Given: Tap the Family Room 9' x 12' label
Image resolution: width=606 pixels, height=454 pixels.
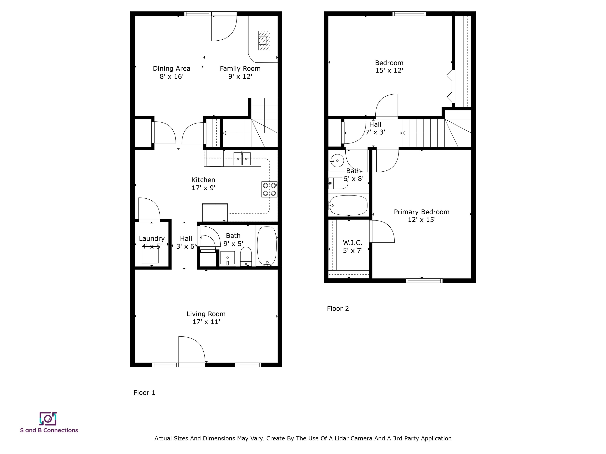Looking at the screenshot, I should point(240,73).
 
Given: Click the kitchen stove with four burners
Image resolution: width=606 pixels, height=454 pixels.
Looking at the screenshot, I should point(269,189).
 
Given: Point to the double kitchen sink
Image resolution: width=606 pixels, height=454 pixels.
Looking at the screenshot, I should point(242,159).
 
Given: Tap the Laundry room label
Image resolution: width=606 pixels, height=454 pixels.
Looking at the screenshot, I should point(151,239).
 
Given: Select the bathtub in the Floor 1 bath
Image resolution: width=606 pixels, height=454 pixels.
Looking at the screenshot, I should point(267,246).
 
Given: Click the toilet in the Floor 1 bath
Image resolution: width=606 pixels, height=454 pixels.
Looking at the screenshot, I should point(246,256).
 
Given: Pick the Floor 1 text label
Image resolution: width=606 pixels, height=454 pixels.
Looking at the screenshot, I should point(144,393).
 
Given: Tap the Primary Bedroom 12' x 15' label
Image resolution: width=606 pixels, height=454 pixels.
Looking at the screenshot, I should point(422,216).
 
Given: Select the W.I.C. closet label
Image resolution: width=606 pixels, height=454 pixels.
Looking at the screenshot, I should point(353,247).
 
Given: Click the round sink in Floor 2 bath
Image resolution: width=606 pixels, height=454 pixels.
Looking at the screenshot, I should point(337,161).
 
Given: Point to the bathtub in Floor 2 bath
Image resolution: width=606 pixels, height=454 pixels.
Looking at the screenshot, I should point(348,205).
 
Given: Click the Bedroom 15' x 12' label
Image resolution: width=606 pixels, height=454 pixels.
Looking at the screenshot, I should point(389,66).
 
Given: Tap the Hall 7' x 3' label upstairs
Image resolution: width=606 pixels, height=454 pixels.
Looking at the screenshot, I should point(375,128).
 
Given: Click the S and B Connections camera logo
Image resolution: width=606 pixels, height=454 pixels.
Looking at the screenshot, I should point(48,419).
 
